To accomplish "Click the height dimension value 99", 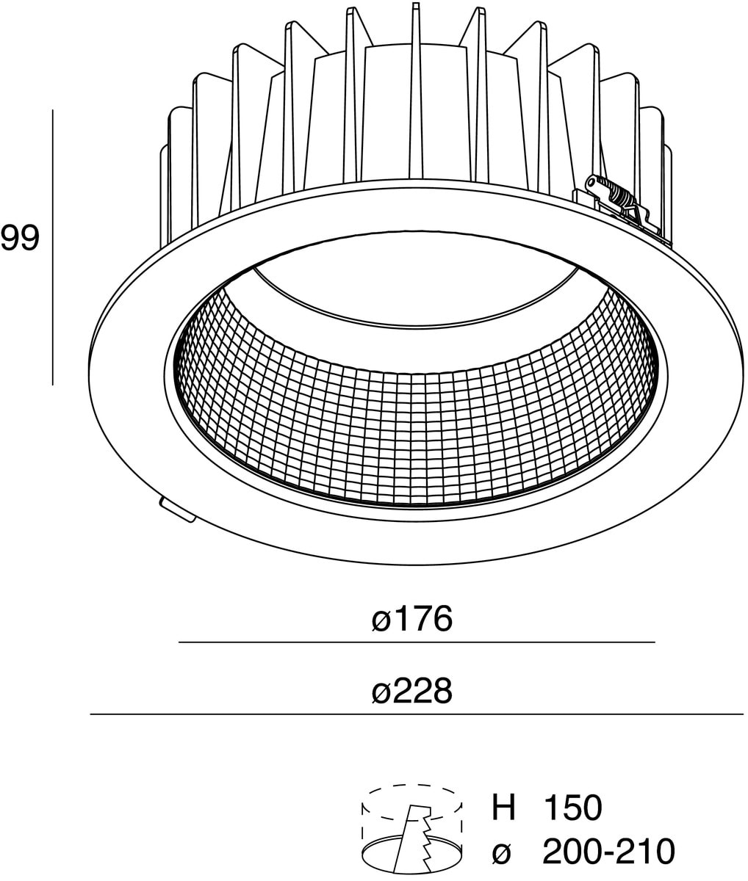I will pyautogui.click(x=20, y=239).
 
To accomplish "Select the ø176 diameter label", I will pyautogui.click(x=411, y=620).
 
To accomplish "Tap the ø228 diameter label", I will pyautogui.click(x=411, y=691).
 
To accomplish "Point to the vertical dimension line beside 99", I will pyautogui.click(x=53, y=247).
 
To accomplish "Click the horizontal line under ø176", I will pyautogui.click(x=416, y=642).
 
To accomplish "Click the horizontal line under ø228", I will pyautogui.click(x=416, y=714).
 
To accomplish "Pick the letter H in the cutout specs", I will pyautogui.click(x=503, y=808).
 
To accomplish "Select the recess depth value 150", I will pyautogui.click(x=572, y=808).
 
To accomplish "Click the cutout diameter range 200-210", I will pyautogui.click(x=608, y=852).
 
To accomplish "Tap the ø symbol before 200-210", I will pyautogui.click(x=502, y=852).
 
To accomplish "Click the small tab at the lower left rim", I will pyautogui.click(x=176, y=510).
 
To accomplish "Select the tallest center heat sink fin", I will pyautogui.click(x=416, y=88).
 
